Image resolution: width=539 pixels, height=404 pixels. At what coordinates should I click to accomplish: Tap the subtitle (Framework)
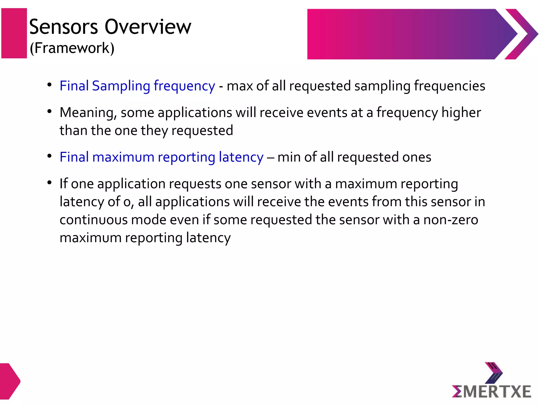tap(72, 48)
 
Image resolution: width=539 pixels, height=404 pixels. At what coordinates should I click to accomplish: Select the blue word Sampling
tap(121, 86)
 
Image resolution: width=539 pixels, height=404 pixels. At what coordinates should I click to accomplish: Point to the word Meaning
tap(88, 113)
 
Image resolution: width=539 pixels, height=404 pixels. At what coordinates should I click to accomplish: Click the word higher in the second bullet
tap(461, 113)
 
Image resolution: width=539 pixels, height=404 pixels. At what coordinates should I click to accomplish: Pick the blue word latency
tap(241, 157)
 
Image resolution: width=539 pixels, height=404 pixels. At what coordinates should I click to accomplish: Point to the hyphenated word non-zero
tap(450, 220)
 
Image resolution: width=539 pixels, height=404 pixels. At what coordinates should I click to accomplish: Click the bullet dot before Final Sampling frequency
tap(49, 85)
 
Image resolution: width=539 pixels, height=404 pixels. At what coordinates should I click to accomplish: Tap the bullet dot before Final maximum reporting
tap(49, 156)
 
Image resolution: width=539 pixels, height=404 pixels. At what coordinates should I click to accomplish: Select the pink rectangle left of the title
tap(14, 33)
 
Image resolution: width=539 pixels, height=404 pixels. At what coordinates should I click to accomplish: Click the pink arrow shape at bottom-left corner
tap(9, 381)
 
